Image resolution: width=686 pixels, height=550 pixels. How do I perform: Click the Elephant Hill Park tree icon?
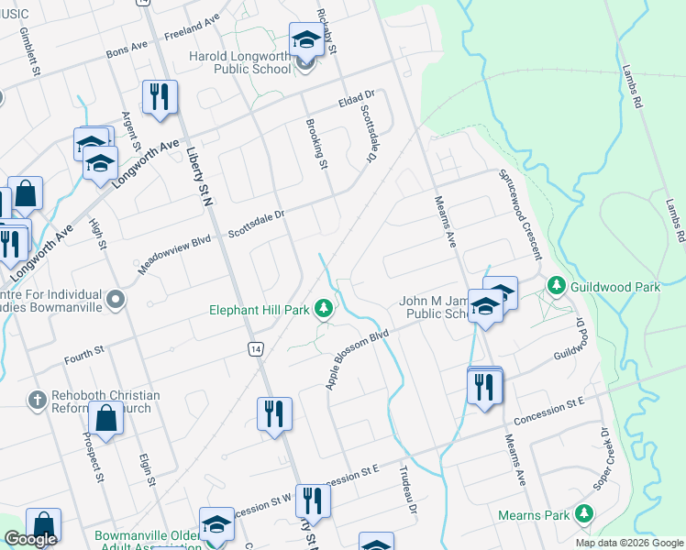[323, 310]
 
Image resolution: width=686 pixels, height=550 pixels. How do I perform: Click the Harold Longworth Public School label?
[239, 62]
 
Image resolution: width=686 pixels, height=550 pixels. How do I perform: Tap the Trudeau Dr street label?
[407, 490]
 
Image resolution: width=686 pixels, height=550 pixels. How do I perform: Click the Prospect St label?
[94, 455]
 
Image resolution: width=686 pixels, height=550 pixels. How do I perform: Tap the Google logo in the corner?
[31, 539]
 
